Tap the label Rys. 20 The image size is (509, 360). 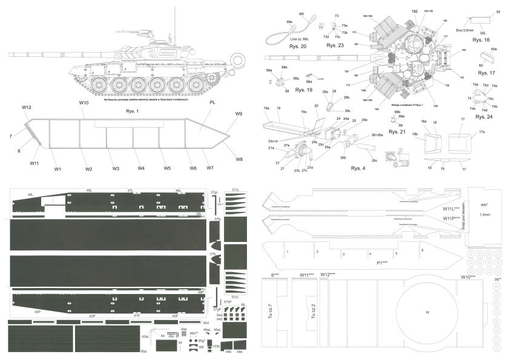point(299,47)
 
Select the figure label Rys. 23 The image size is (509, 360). point(335,46)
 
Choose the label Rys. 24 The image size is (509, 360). point(484,117)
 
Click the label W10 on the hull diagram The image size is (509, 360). point(84,103)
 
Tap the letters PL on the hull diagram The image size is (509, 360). point(212,103)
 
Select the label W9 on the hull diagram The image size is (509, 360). point(238,114)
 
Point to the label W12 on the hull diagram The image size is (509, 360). point(27,108)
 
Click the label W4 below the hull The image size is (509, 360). point(140,168)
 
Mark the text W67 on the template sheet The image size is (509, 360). point(484,206)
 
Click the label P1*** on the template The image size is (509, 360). point(382,263)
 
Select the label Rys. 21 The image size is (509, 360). point(398,131)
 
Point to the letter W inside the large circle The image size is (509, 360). point(427,312)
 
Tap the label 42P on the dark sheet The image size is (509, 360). point(93,316)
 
